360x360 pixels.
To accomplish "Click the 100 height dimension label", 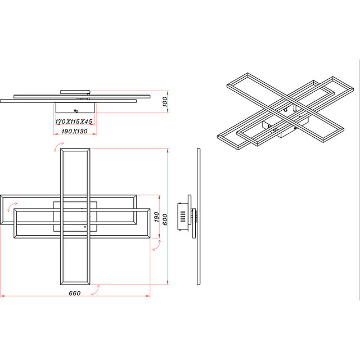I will (165, 101).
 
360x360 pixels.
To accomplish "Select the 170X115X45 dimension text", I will (74, 121).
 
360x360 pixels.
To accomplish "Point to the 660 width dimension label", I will (75, 293).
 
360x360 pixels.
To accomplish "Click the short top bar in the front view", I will (75, 90).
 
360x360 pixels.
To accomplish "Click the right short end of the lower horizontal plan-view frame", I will (149, 225).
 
